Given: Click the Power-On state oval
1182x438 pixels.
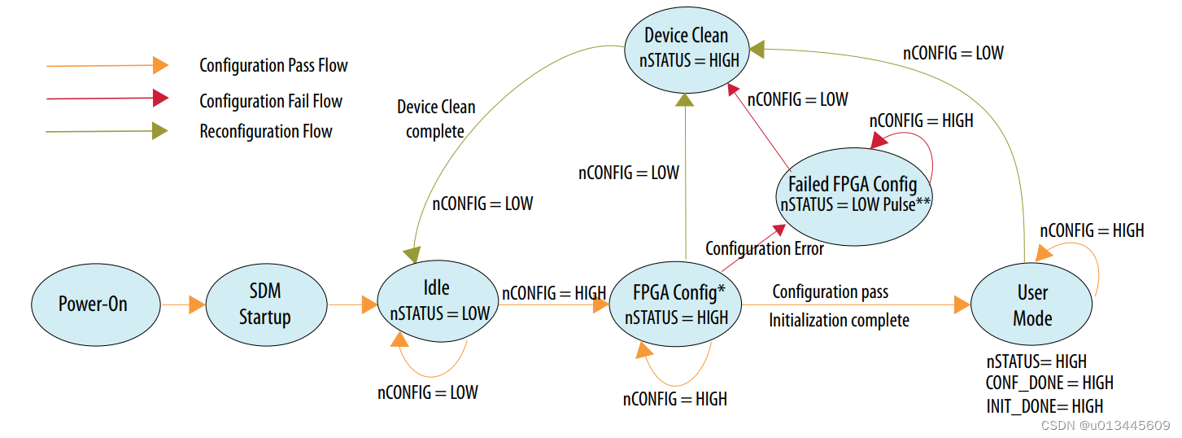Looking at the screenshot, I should (x=93, y=304).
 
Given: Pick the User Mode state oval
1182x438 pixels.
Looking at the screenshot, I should (x=1032, y=304).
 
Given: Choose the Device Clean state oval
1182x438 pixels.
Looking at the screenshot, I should (x=686, y=46).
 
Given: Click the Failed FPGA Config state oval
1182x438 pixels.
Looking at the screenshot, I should (x=852, y=193).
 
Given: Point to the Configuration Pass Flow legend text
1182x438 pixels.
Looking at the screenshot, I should (x=273, y=65).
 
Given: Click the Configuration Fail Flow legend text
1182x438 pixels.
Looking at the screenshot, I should (x=271, y=102).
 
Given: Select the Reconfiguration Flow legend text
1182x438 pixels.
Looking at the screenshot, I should (x=266, y=131).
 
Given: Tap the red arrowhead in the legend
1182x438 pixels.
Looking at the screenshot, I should (x=160, y=99).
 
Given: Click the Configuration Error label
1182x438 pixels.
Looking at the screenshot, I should (x=764, y=248).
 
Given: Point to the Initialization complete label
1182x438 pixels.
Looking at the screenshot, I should (x=839, y=320).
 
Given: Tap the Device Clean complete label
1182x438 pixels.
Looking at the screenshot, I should (x=436, y=119).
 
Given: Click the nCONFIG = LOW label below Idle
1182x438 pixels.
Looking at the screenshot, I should (x=427, y=392).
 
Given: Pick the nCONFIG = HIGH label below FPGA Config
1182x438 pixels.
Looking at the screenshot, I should (x=674, y=399).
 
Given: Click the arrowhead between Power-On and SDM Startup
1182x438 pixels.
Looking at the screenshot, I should (x=197, y=305).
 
